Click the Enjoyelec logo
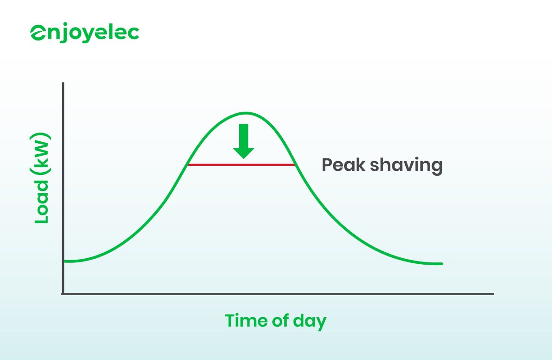[x=85, y=34]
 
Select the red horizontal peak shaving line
[x=241, y=164]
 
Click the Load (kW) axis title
[x=42, y=180]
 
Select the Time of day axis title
[x=275, y=321]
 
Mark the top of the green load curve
[x=246, y=113]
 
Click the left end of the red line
[x=189, y=164]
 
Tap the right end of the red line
[x=294, y=164]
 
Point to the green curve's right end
[x=441, y=264]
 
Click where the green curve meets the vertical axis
[x=64, y=261]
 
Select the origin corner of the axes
[x=63, y=293]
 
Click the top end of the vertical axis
[x=63, y=84]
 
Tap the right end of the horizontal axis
[x=493, y=293]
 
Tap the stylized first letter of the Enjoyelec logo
[x=38, y=34]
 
